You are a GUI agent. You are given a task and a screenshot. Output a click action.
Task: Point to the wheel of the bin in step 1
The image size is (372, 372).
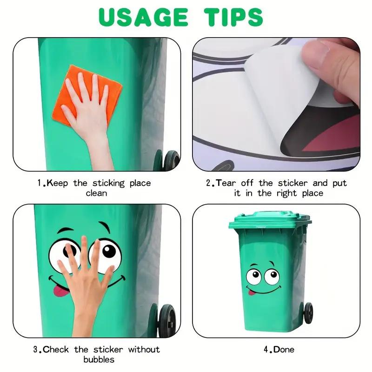pyautogui.click(x=171, y=161)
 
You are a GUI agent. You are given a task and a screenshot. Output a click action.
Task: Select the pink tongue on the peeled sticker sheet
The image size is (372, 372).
pyautogui.click(x=332, y=139)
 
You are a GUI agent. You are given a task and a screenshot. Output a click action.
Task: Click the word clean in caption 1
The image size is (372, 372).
pyautogui.click(x=96, y=193)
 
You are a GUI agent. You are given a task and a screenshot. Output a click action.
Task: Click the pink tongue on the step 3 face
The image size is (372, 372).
pyautogui.click(x=57, y=291)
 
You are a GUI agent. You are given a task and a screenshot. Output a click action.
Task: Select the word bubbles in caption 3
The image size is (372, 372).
pyautogui.click(x=99, y=359)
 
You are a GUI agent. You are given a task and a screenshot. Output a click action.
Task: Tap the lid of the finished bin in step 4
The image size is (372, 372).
pyautogui.click(x=270, y=219)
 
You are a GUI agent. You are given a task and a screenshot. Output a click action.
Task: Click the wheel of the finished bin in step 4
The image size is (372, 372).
pyautogui.click(x=308, y=312)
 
